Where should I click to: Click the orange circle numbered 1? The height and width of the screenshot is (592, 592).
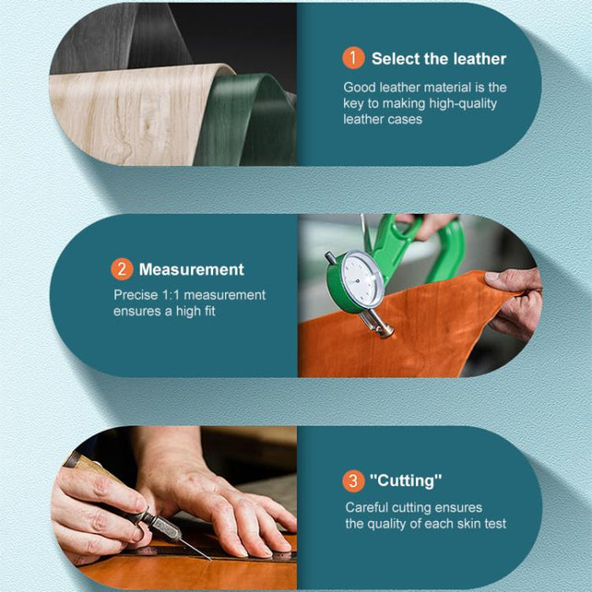354,58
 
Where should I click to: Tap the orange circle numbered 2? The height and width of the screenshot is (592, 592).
122,269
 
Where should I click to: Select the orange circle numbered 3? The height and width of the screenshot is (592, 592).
354,480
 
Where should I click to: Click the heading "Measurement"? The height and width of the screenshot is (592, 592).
191,270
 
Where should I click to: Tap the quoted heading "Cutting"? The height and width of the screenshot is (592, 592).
405,480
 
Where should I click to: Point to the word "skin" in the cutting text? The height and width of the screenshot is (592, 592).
469,523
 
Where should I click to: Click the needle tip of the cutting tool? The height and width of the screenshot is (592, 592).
210,560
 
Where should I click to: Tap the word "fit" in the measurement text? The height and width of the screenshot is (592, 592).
209,311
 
